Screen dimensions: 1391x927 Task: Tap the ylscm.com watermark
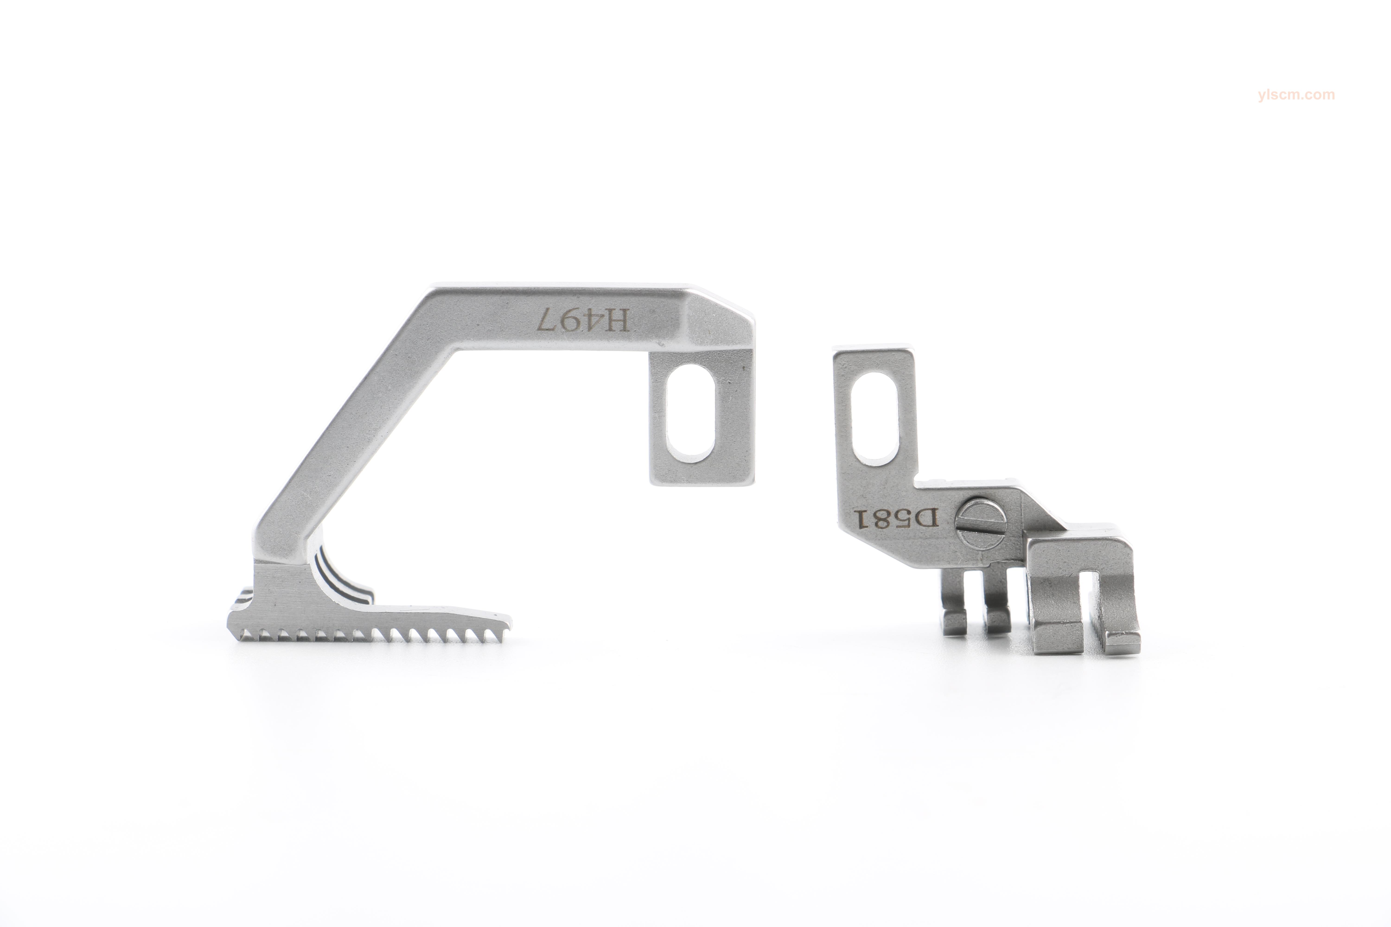1296,95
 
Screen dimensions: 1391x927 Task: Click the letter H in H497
619,321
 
